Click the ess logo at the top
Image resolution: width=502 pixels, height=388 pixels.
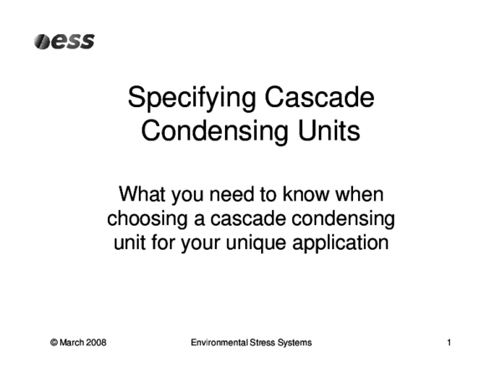[x=64, y=41]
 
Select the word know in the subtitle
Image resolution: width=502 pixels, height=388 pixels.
[x=317, y=196]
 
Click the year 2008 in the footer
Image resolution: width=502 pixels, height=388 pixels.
[x=96, y=343]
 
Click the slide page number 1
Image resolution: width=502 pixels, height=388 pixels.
[x=449, y=343]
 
